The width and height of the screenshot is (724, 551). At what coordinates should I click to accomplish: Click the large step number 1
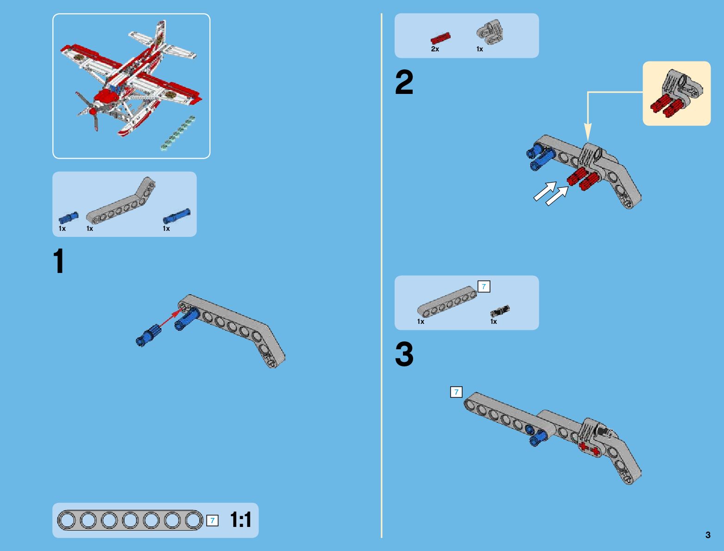tap(59, 261)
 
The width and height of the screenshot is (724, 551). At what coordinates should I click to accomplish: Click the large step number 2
tap(404, 82)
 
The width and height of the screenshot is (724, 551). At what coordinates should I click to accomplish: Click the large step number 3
tap(404, 354)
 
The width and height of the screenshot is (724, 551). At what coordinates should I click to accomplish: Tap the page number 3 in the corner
tap(708, 535)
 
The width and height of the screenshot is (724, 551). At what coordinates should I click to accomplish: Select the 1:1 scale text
tap(241, 520)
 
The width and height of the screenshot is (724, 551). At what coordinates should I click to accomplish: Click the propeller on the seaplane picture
tap(88, 111)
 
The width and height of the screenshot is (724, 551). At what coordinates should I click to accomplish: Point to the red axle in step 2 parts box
tap(440, 38)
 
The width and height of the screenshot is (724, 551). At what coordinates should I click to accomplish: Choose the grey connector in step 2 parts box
tap(490, 32)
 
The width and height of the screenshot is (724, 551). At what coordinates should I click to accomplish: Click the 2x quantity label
tap(435, 49)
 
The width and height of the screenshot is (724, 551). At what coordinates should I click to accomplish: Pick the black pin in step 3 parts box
tap(500, 311)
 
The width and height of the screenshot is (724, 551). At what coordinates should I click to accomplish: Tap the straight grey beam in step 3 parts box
tap(447, 301)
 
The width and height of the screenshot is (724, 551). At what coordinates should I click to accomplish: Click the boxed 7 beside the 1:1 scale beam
tap(212, 520)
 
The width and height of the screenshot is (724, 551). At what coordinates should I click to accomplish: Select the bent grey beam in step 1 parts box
tap(121, 201)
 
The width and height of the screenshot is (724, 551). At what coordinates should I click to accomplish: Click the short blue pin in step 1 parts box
tap(68, 217)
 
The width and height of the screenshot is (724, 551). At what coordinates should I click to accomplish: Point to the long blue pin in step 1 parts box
tap(177, 216)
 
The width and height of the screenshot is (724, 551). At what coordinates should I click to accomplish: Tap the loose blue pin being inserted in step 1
tap(149, 335)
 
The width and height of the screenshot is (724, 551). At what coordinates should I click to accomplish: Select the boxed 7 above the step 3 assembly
tap(456, 392)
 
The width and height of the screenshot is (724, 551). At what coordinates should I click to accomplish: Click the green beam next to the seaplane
tap(178, 133)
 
